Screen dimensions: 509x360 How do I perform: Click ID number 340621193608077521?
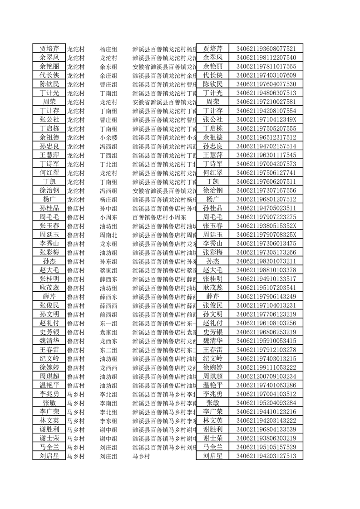coord(266,49)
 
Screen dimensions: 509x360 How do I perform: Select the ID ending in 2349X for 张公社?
coord(266,120)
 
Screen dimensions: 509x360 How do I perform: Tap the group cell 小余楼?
coord(108,137)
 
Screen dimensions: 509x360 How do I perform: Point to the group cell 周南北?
coord(108,235)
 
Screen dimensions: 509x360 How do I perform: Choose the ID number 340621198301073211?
coord(266,262)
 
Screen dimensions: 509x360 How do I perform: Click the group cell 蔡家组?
coord(108,270)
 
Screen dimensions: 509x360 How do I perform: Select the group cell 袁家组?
coord(108,333)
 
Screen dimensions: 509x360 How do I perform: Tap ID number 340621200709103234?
coord(266,377)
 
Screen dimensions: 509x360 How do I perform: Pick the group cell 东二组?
coord(108,350)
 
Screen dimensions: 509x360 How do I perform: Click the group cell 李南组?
coord(108,403)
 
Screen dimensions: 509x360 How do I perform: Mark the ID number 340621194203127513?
coord(266,456)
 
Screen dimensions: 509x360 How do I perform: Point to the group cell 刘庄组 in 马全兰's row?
coord(108,448)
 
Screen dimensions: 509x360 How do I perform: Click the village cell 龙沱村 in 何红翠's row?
coord(75,173)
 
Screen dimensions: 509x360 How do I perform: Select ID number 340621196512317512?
coord(266,137)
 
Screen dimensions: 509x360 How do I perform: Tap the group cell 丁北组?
coord(108,164)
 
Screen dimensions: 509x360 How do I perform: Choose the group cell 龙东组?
coord(108,244)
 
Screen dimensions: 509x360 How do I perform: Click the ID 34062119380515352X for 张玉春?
coord(266,226)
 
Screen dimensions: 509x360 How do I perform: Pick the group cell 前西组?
coord(108,315)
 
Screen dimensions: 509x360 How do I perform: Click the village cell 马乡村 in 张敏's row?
coord(75,403)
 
